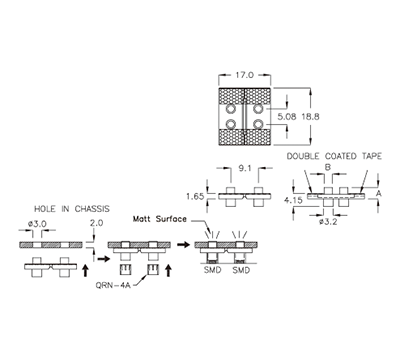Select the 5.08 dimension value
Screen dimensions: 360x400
click(x=285, y=116)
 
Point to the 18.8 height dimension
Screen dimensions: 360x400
click(x=309, y=116)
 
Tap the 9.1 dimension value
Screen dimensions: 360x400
click(x=246, y=168)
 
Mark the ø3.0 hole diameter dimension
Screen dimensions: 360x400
click(x=37, y=223)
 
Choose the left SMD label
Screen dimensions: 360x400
click(x=213, y=268)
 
